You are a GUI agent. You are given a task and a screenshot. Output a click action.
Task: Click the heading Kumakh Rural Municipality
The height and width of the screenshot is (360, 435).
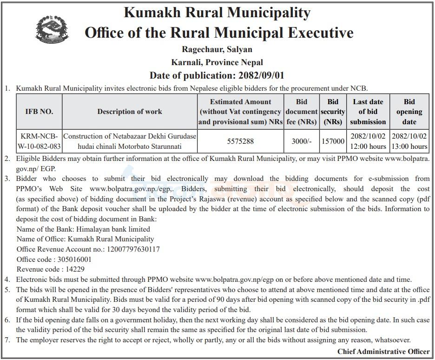217,13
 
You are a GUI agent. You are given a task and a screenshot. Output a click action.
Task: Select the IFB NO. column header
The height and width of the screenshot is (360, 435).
39,112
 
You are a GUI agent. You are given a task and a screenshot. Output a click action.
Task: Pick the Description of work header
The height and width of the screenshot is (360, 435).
130,112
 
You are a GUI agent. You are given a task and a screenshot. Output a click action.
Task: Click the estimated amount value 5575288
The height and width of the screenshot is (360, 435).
240,141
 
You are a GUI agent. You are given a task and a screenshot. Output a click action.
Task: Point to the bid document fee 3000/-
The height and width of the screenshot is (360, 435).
301,141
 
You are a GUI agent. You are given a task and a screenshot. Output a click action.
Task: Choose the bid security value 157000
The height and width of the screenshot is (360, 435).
333,141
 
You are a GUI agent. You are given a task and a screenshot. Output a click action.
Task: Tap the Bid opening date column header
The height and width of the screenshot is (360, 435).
409,112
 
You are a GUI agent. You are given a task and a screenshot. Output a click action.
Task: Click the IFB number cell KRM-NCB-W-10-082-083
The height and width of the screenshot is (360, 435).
39,141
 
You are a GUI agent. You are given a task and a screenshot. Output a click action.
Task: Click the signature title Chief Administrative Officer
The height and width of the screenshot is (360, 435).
383,352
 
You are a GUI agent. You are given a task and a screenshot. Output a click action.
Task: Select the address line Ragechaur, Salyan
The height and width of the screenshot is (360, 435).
217,49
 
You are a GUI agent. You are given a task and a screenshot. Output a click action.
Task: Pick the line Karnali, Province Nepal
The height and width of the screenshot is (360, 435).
217,62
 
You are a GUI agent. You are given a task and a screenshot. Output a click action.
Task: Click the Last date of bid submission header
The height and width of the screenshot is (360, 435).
368,112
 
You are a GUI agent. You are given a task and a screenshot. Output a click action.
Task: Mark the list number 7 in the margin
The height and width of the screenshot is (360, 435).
7,340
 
